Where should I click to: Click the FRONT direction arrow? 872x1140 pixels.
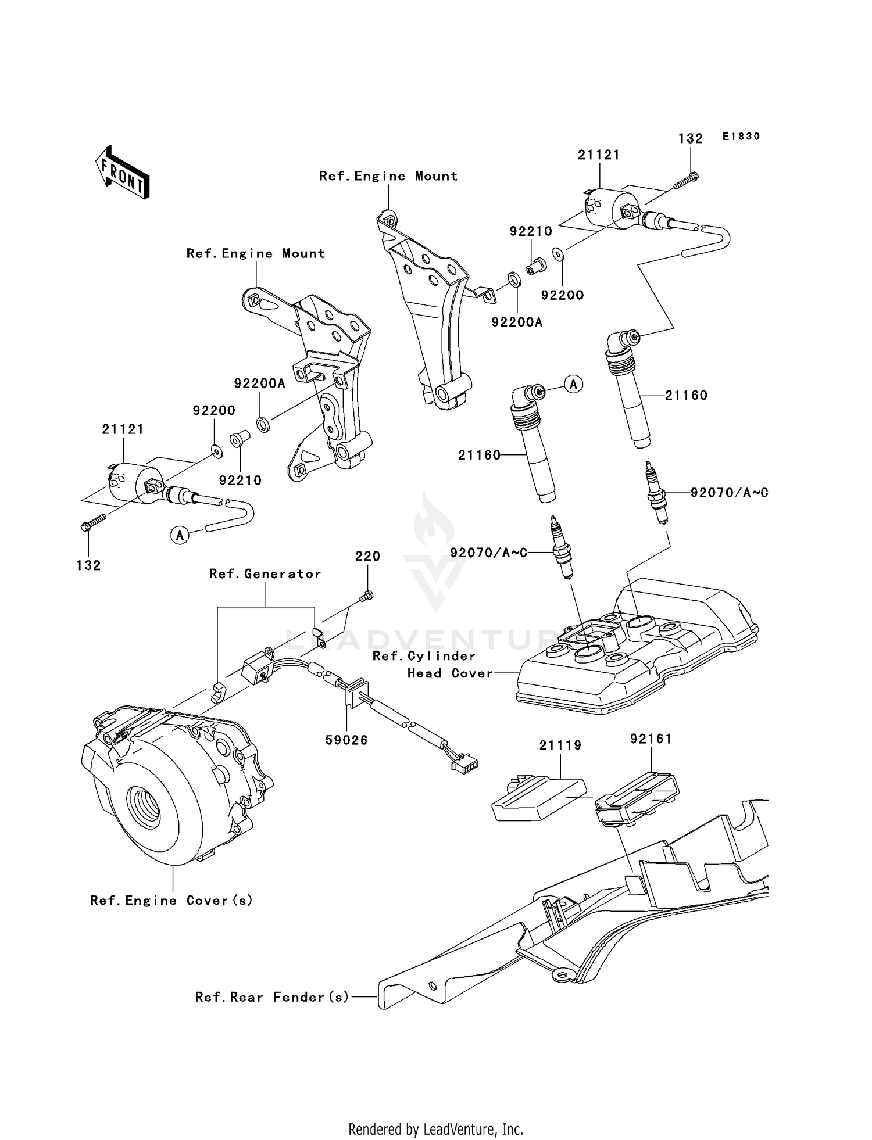[123, 172]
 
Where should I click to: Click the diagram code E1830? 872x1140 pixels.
[741, 137]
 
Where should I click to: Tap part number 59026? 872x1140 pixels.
[346, 740]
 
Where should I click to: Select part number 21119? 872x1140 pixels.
[560, 745]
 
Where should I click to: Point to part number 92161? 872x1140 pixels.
[651, 739]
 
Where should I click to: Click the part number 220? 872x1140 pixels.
[367, 556]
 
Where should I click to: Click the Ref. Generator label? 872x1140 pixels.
[265, 574]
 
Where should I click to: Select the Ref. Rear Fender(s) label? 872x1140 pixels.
[272, 997]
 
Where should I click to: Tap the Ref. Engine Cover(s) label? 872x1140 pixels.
[171, 901]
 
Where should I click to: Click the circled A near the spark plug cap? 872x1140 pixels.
[574, 384]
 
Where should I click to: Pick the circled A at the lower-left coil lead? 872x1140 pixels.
[180, 535]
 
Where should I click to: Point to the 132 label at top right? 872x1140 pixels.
[690, 138]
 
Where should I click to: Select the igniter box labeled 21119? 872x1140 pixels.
[538, 800]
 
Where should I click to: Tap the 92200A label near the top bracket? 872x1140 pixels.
[516, 322]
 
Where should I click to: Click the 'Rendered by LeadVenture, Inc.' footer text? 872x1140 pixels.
[435, 1129]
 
